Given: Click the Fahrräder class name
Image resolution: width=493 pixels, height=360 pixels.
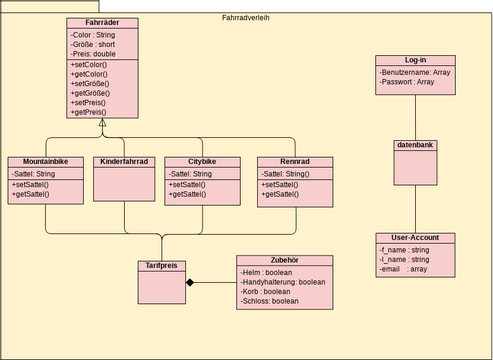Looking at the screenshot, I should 103,23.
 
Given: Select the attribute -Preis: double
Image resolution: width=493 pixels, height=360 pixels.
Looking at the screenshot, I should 93,54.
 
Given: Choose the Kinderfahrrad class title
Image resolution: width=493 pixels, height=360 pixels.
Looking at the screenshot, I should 125,162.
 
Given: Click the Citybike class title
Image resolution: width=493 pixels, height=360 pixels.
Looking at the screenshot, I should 202,162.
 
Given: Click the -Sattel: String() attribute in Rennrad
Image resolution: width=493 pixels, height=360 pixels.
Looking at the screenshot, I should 286,174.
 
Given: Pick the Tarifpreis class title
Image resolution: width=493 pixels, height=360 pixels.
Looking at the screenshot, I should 160,266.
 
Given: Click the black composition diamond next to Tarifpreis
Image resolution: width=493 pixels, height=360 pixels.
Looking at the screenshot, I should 188,283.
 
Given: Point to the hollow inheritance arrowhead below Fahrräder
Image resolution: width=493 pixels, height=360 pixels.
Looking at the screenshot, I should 103,122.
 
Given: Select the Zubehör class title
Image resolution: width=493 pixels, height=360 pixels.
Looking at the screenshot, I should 284,260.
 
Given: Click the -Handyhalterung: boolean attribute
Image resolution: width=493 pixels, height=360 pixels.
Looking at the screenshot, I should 284,281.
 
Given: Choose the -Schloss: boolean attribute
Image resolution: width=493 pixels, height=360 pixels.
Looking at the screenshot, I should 270,301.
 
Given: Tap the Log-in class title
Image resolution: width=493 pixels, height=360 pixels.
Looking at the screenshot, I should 415,61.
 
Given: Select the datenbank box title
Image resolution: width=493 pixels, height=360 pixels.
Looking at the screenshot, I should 415,145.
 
